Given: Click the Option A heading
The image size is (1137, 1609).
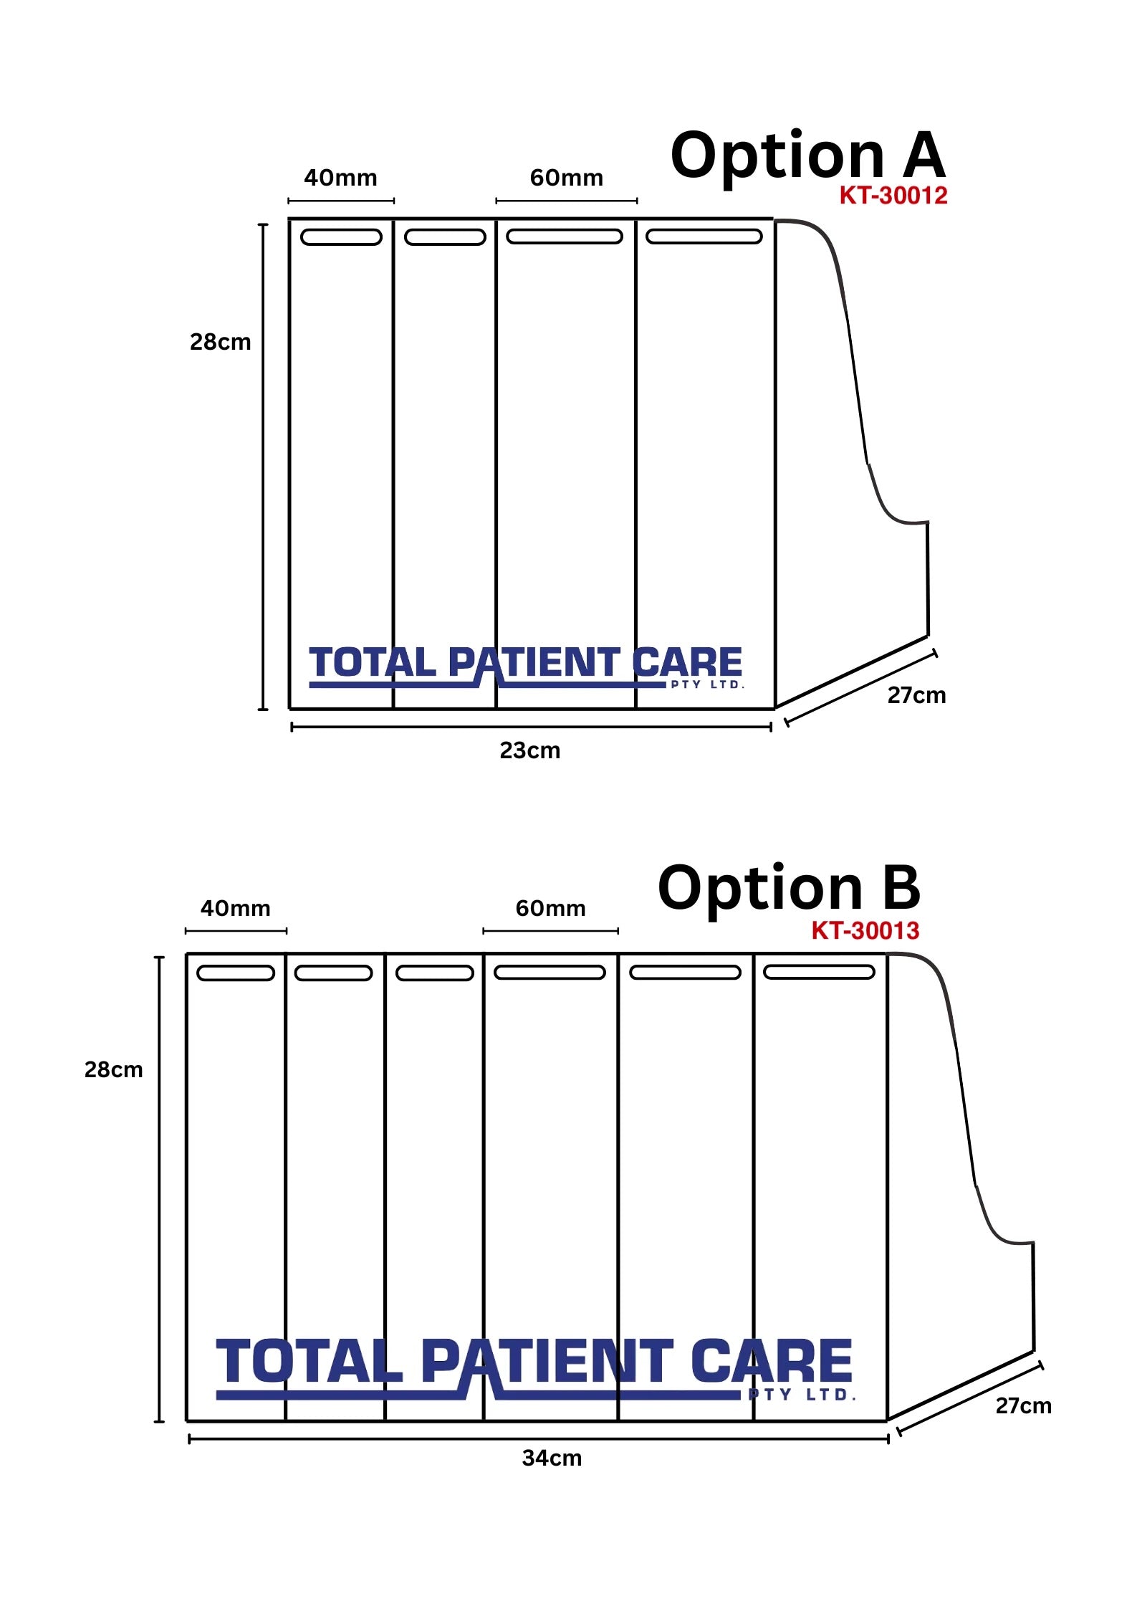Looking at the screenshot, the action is coord(808,157).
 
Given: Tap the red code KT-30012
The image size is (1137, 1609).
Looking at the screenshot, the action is coord(893,196).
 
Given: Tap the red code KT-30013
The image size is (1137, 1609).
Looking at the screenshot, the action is coord(865,930).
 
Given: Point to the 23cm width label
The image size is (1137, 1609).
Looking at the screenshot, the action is coord(530,750).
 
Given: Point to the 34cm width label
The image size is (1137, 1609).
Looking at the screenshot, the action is coord(552,1458).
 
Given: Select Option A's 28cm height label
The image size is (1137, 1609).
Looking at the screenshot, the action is coord(221,342).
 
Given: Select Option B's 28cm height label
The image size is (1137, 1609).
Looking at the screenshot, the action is coord(114,1069).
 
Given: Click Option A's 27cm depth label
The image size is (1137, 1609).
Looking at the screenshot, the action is coord(917,695).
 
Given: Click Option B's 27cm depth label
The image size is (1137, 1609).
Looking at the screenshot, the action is coord(1024,1405).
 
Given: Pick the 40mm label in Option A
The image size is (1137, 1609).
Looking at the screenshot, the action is coord(341,178).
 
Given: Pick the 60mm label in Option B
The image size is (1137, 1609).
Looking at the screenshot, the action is coord(551,908).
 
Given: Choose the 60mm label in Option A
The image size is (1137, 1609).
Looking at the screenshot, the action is coord(567,178).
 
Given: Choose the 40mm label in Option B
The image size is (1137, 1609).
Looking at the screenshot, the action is coord(236,908).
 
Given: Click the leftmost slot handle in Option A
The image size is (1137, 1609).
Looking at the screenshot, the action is coord(341,237).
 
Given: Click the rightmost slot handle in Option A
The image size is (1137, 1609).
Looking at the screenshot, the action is coord(704,237).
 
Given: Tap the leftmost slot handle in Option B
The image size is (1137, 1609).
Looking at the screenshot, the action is coord(236,973).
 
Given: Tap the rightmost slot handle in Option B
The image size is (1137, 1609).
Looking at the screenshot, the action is coord(820,972).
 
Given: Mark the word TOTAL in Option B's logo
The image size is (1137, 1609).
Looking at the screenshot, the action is coord(310,1361).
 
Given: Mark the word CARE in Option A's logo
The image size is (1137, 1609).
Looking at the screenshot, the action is coord(688,662).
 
